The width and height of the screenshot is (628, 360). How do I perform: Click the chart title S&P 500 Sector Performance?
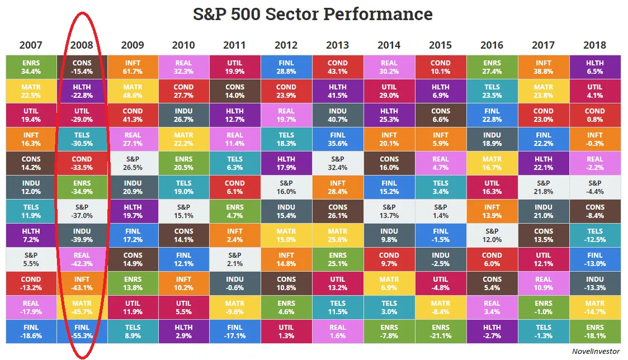click(313, 14)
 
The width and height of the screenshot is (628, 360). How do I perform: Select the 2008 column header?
click(82, 45)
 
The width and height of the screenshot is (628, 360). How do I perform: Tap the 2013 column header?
click(337, 45)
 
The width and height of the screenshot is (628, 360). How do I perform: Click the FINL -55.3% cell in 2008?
click(82, 331)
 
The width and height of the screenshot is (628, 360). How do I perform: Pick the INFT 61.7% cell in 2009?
click(133, 67)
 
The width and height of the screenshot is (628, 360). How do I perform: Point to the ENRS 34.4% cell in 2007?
click(31, 67)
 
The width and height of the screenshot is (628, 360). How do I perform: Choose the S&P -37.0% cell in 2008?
click(82, 211)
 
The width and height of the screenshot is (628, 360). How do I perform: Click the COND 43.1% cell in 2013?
click(337, 67)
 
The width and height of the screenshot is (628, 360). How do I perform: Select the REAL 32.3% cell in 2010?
click(184, 67)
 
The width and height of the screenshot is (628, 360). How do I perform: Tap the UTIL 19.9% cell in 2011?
click(235, 67)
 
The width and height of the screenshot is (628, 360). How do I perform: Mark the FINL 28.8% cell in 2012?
click(286, 67)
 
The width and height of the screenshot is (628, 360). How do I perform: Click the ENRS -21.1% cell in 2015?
click(441, 331)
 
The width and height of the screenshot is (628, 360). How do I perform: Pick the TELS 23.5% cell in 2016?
click(492, 91)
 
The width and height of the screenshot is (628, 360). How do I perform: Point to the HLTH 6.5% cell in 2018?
click(595, 67)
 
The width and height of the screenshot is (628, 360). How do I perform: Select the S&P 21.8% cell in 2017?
click(544, 187)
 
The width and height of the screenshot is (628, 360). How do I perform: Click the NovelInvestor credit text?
click(596, 351)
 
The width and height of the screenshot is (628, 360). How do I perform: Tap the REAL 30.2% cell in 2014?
click(389, 67)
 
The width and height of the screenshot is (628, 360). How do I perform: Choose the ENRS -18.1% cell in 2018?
click(595, 331)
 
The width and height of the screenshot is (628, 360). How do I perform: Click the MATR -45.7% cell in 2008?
click(82, 307)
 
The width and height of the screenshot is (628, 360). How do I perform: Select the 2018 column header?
click(594, 45)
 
